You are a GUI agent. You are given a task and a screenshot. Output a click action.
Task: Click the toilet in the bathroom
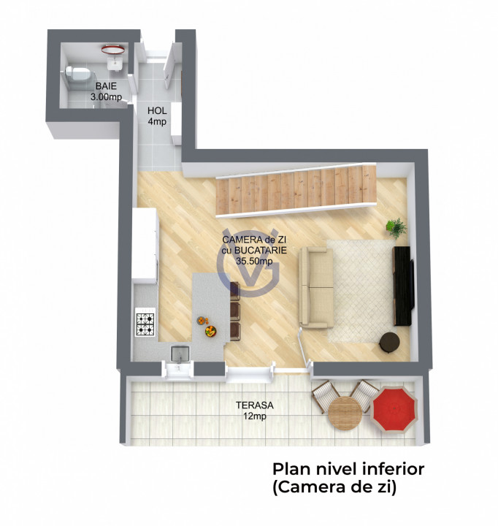(x=77, y=74)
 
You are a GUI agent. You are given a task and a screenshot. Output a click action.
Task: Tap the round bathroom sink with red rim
(x=111, y=49)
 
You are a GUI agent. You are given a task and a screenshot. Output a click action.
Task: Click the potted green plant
(x=397, y=228)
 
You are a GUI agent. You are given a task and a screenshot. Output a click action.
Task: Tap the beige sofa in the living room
(x=315, y=286)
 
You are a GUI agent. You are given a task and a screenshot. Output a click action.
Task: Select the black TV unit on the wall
(x=403, y=286)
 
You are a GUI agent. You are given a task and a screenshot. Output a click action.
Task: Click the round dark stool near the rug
(x=389, y=341)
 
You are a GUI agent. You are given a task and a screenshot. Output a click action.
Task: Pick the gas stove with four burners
(x=145, y=324)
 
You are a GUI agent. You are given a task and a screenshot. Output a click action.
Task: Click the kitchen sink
(x=180, y=354)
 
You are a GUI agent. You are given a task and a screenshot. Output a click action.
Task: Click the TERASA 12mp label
(x=250, y=411)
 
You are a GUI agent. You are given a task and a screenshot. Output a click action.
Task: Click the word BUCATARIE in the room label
(x=261, y=250)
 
